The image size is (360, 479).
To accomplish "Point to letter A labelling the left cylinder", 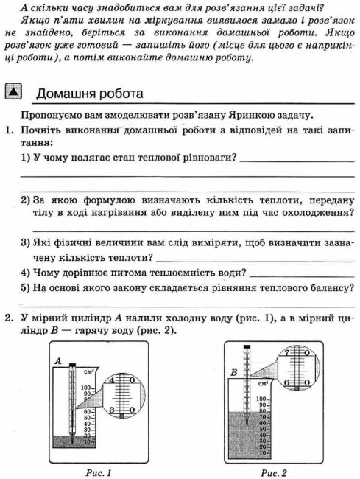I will click(x=57, y=360).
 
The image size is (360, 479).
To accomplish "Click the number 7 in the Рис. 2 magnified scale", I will click(x=286, y=354).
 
